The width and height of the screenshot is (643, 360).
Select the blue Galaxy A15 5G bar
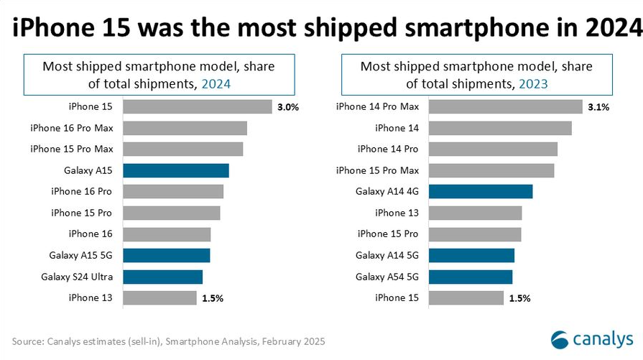click(166, 255)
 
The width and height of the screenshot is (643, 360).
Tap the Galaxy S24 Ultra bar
click(162, 277)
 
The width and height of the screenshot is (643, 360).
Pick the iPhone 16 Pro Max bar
click(185, 128)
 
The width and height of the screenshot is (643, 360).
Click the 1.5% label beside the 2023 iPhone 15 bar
click(519, 298)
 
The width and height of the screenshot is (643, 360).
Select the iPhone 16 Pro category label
click(83, 191)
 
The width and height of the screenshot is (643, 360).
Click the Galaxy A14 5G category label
click(387, 255)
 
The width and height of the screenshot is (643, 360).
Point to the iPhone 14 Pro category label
click(388, 149)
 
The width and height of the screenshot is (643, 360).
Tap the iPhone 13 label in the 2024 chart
click(91, 297)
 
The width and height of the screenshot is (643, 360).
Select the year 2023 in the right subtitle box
click(531, 83)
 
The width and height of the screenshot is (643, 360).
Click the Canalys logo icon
click(559, 339)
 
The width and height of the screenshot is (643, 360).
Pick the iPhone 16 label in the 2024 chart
click(91, 234)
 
